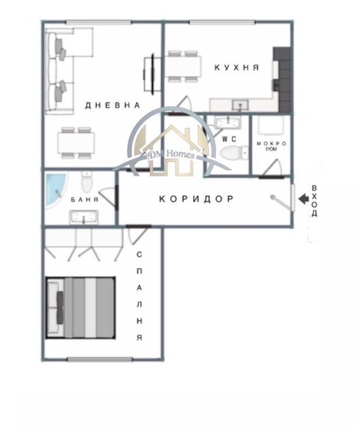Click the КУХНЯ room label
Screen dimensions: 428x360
coord(236,68)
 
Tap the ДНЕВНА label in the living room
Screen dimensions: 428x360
coord(112,106)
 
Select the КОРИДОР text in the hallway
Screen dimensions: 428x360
coord(196,199)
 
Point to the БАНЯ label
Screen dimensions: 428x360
coord(84,199)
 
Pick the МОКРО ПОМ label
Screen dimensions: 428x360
coord(271,146)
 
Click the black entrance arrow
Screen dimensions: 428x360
coord(303,199)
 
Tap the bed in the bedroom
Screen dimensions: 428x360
coord(80,307)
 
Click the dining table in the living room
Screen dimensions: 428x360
coord(76,142)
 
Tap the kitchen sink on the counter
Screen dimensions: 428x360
coord(239,105)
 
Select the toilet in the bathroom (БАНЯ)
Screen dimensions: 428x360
coord(87,183)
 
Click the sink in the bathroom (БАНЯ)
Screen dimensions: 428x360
coord(84,217)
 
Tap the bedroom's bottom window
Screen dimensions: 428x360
coord(91,359)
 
